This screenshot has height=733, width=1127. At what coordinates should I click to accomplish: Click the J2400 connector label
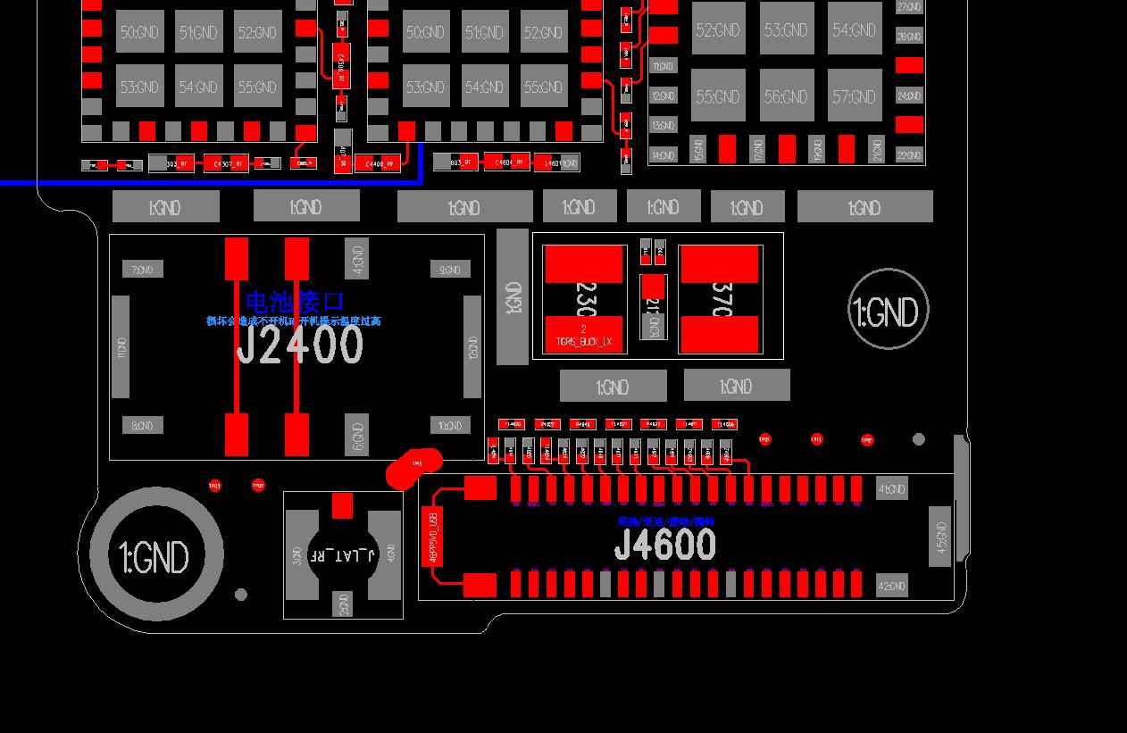point(299,346)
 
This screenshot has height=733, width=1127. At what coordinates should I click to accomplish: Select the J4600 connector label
point(664,545)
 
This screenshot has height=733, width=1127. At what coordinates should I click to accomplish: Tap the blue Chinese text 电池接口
point(294,302)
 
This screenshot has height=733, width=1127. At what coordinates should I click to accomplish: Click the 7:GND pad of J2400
point(143,270)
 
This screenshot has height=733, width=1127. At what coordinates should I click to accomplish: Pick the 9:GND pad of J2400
point(449,270)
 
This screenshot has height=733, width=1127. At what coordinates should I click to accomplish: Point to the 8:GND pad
point(143,426)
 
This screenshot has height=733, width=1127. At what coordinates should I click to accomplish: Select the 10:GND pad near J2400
point(449,426)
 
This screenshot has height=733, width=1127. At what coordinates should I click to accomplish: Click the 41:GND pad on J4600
point(890,489)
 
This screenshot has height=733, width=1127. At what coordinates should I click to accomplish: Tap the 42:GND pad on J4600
point(890,586)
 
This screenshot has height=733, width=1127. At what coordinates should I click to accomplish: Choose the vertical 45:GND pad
point(939,536)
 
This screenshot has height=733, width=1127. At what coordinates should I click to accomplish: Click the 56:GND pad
point(787,96)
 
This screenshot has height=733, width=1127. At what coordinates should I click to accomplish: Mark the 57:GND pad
point(855,96)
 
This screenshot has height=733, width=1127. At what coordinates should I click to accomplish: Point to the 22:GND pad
point(909,155)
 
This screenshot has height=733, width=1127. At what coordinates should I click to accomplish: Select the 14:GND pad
point(663,155)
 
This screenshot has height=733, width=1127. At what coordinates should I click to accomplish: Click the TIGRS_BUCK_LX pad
point(584,334)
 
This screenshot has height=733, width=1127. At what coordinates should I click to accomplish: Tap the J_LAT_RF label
point(342,555)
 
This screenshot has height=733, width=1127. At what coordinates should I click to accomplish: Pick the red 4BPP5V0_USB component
point(432,536)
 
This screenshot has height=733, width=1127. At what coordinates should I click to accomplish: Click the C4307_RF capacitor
point(226,163)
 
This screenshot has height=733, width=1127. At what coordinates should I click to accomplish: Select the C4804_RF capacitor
point(506,162)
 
